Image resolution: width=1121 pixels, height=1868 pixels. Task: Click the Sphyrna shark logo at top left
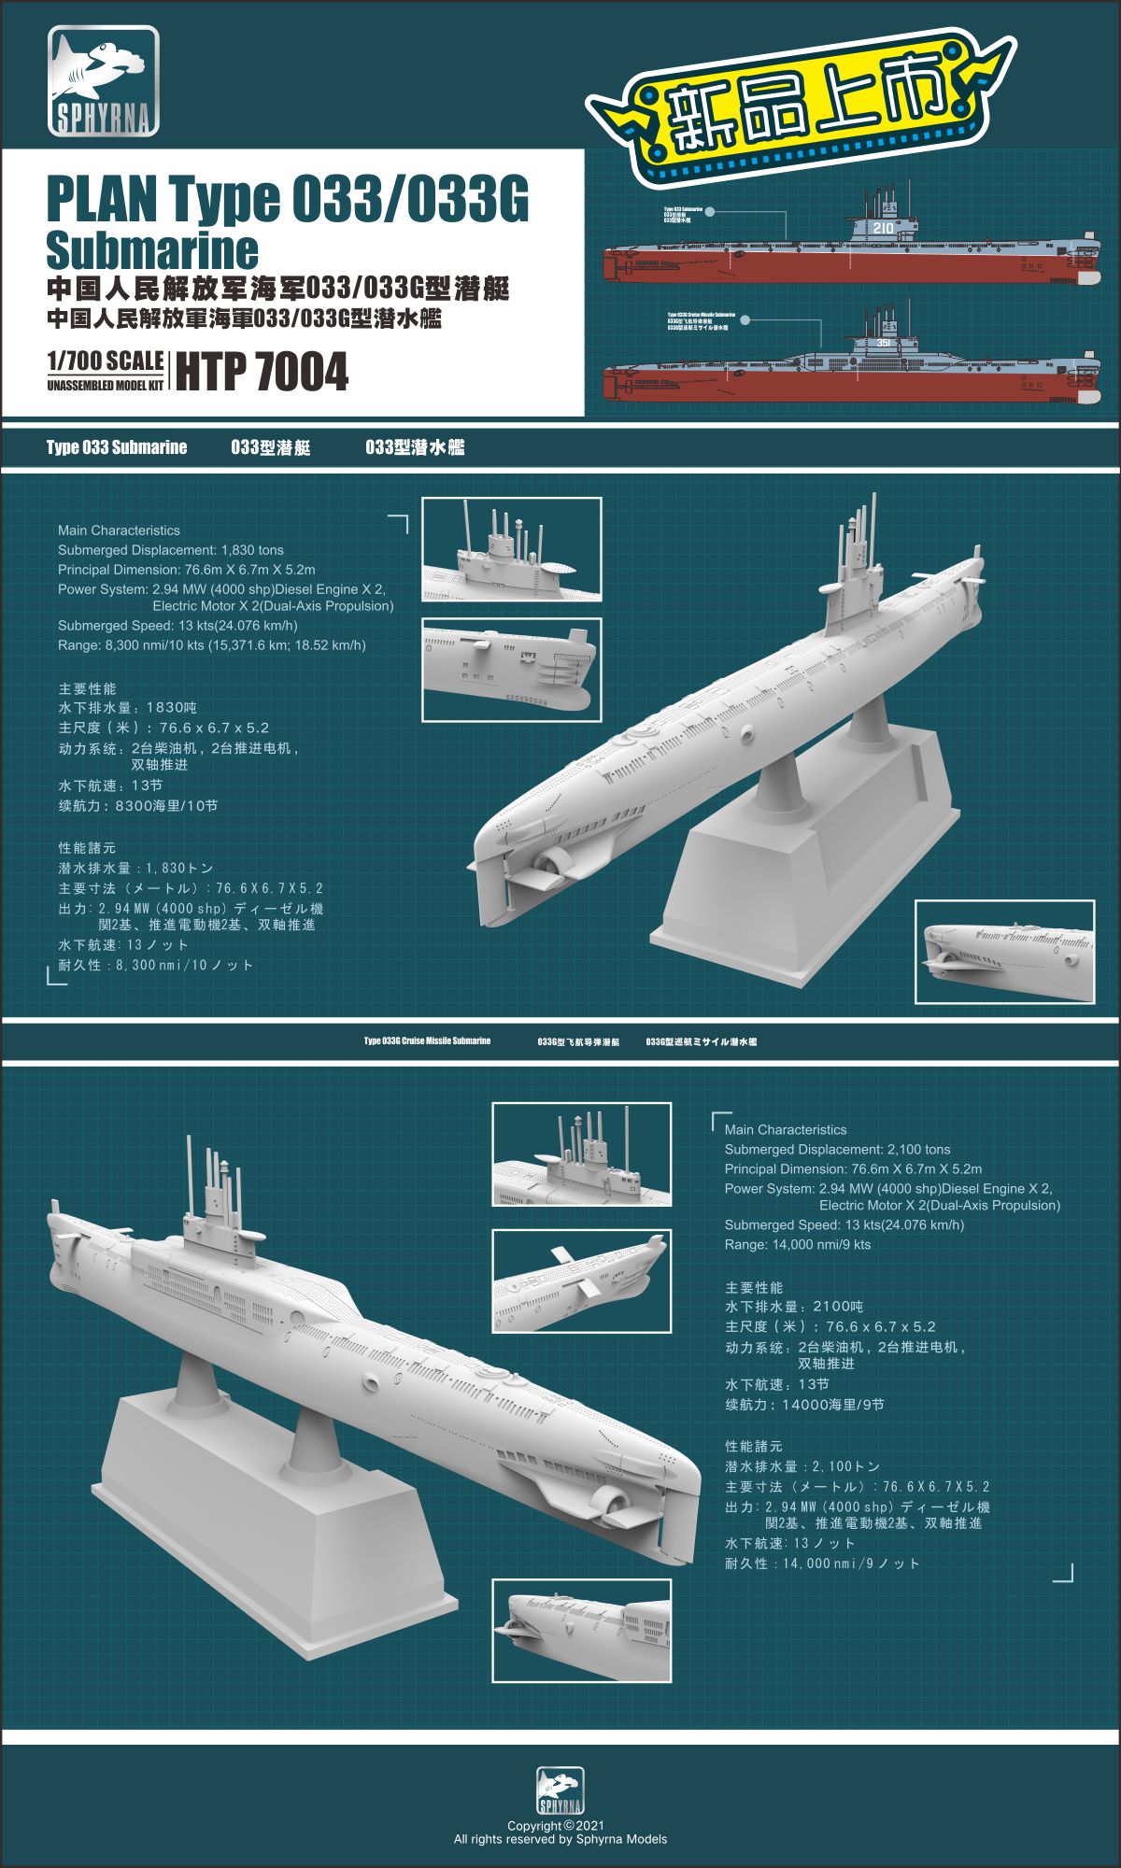[103, 81]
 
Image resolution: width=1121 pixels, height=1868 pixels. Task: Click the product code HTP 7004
[262, 372]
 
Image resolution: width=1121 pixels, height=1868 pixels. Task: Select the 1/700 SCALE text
[105, 361]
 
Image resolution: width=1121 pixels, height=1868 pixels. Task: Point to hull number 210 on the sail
[883, 227]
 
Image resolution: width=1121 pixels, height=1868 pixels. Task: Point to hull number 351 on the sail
[885, 344]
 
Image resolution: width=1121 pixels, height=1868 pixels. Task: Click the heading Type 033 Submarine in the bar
[117, 447]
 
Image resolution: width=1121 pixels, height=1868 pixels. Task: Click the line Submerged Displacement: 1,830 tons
[170, 550]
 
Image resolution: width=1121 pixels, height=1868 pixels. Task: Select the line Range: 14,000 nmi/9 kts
[797, 1244]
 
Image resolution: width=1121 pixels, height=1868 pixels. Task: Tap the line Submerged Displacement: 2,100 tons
[837, 1150]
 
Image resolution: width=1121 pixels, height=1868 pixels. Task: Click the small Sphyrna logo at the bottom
[560, 1791]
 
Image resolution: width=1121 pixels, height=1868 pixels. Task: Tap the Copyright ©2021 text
[556, 1825]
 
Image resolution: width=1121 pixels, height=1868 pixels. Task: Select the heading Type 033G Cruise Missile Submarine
[427, 1040]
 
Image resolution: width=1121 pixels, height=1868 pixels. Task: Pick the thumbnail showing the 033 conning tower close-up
[511, 549]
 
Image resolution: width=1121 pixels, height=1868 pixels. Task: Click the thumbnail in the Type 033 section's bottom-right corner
[1004, 952]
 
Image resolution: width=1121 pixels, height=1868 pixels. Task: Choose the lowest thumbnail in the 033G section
[581, 1630]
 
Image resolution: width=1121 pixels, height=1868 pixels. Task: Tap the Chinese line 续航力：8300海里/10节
[138, 805]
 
